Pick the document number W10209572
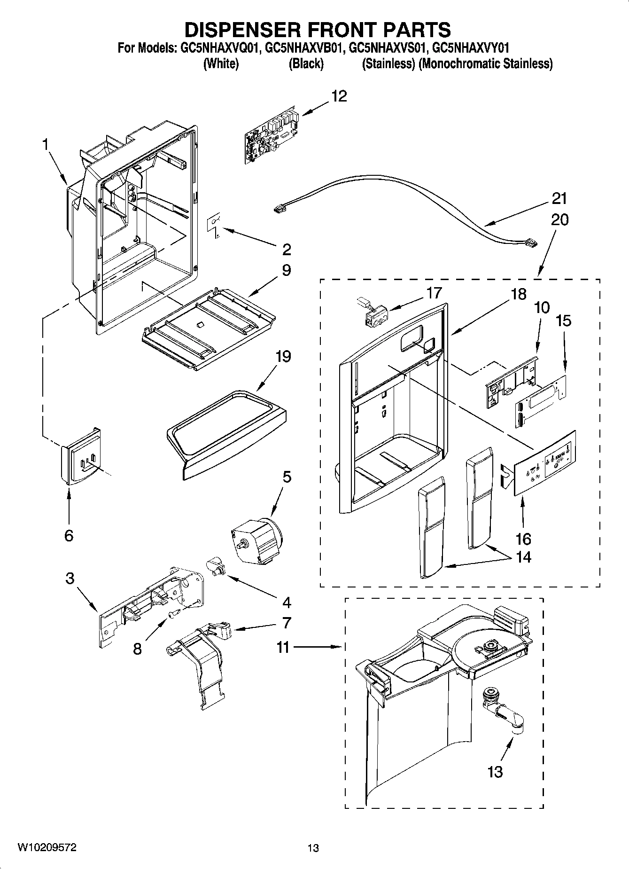click(47, 846)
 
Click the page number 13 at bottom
click(313, 848)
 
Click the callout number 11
click(282, 647)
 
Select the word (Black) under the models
click(306, 63)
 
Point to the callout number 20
click(559, 219)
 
